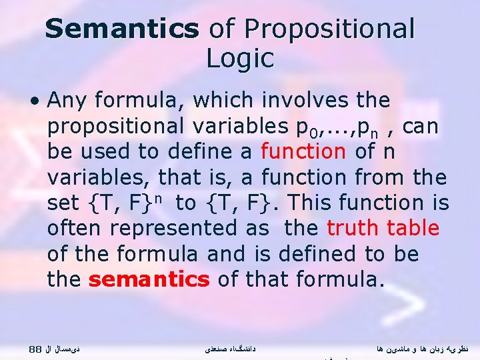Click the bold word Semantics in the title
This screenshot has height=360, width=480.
122,29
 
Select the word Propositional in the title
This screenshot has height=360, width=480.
330,29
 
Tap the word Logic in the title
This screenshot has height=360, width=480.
240,59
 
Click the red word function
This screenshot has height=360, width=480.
303,151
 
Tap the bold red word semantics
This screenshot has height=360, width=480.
149,279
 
